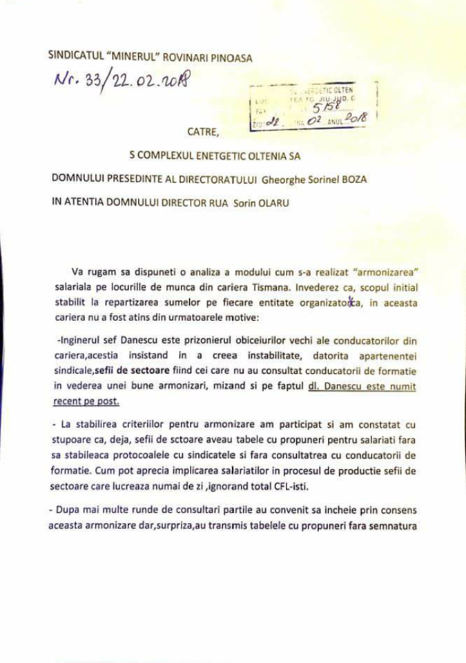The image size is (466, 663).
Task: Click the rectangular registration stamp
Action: [310, 106]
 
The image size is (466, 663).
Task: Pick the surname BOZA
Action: [352, 179]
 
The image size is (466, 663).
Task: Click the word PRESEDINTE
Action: [132, 179]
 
